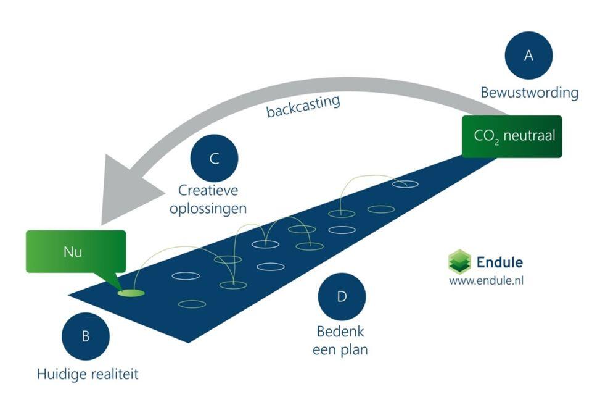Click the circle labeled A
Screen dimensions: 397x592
(x=528, y=56)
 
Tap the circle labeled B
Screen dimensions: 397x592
(x=86, y=336)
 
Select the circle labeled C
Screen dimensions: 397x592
(x=214, y=159)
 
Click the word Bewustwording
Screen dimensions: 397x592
(x=530, y=93)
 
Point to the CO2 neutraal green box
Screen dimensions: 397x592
(x=512, y=136)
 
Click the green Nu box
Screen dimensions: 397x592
(x=75, y=251)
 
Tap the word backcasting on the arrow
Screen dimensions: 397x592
(x=303, y=106)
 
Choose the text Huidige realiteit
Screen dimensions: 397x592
(x=86, y=373)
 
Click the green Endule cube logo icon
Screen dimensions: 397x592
(x=459, y=261)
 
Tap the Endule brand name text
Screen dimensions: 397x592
(x=499, y=262)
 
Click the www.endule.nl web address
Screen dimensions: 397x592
(x=487, y=281)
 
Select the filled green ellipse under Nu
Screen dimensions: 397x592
(x=131, y=293)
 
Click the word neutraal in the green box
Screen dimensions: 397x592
(x=528, y=135)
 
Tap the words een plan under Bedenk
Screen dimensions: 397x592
(x=342, y=349)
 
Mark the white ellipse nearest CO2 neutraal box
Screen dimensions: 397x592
(x=405, y=183)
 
